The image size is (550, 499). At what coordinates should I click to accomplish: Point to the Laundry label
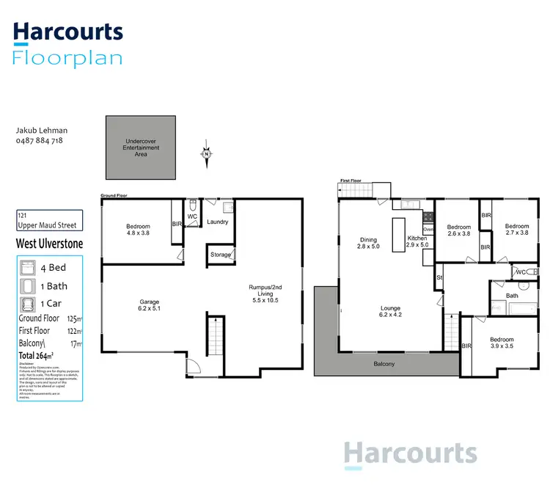coord(218,222)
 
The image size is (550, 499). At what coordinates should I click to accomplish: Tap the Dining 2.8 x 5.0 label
coord(367,243)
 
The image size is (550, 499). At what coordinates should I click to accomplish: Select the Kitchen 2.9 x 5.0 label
coord(417,243)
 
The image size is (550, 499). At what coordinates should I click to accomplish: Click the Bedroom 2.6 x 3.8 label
coord(459,230)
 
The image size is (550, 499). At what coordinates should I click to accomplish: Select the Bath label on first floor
coord(512,296)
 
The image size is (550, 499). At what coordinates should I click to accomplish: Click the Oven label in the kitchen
coord(428,230)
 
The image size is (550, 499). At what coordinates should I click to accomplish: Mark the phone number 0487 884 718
coord(40,139)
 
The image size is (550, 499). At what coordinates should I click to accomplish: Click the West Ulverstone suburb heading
coord(49,244)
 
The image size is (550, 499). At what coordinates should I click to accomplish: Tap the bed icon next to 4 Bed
coord(28,268)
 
